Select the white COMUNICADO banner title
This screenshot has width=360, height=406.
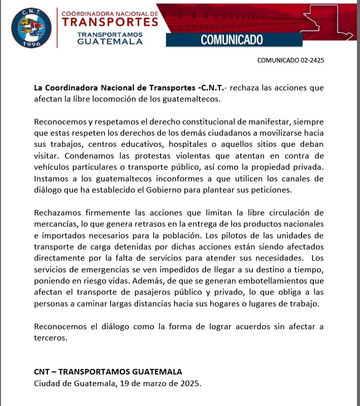(x=232, y=39)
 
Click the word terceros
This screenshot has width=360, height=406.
(x=50, y=337)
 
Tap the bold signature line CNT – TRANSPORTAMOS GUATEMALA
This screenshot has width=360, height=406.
(x=108, y=371)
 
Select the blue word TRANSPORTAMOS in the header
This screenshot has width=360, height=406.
(x=110, y=34)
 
